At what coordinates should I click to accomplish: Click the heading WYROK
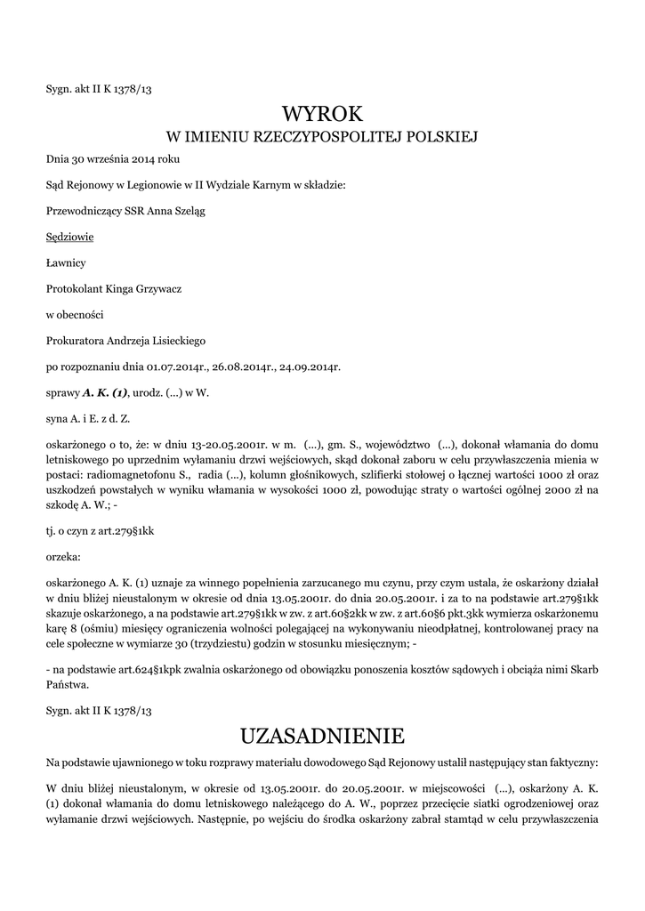[322, 114]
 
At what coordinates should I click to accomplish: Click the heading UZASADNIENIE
[322, 736]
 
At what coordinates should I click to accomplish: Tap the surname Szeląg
[198, 211]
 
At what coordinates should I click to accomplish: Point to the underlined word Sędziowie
[69, 237]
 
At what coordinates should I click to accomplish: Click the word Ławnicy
[66, 262]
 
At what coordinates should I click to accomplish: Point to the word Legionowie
[158, 185]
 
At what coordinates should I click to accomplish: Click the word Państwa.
[67, 685]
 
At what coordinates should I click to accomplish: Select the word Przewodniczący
[86, 211]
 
